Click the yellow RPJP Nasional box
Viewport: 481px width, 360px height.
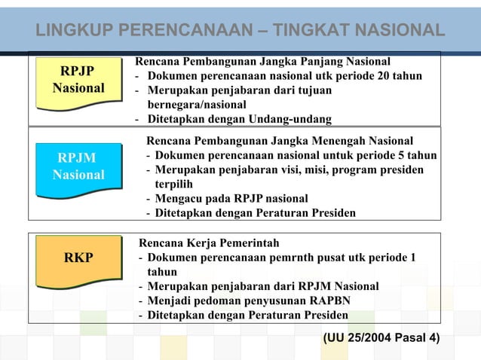tap(78, 80)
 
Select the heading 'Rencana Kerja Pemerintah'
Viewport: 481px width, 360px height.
tap(208, 243)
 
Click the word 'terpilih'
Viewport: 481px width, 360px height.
tap(174, 184)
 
